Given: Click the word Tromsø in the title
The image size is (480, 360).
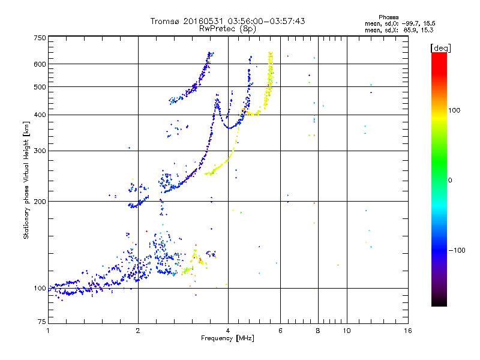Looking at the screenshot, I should (164, 21).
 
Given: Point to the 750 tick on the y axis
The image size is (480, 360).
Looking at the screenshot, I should (40, 38).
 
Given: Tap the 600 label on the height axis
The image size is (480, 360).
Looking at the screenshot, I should (40, 64).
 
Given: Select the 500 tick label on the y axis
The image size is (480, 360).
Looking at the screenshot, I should (40, 87).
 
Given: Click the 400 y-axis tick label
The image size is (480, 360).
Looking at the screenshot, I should (40, 115).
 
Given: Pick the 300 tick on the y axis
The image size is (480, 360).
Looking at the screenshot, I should (40, 151).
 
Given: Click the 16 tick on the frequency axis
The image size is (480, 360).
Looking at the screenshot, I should (407, 331).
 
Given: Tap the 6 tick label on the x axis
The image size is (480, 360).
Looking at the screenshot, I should (280, 331).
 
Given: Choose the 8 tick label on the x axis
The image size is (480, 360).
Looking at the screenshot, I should (318, 331).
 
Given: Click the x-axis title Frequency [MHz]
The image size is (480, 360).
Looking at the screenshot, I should (227, 339).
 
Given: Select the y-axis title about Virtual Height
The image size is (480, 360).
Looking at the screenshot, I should (26, 180).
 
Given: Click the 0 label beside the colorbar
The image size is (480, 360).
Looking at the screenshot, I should (451, 180).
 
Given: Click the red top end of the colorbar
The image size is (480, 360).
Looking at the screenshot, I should (439, 55).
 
